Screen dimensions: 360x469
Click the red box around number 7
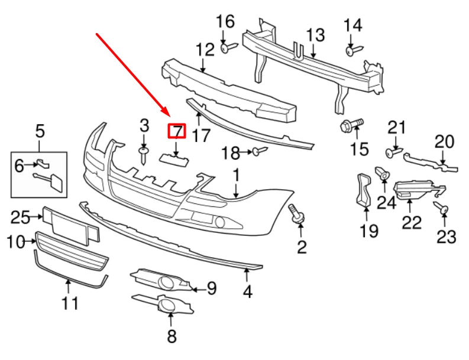[x=177, y=131]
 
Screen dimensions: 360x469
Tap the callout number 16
[x=225, y=22]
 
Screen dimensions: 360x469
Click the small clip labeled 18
[x=256, y=152]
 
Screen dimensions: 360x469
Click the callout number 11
[x=70, y=304]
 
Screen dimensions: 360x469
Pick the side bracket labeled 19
[x=363, y=190]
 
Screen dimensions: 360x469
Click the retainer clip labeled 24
[x=382, y=173]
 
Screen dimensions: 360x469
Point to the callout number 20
[x=444, y=142]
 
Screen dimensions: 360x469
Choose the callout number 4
[x=248, y=291]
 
